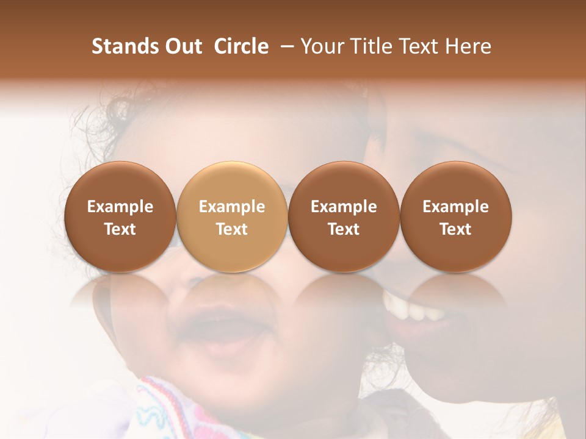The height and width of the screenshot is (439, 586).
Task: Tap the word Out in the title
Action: click(182, 46)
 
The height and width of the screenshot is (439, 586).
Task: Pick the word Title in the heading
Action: click(373, 46)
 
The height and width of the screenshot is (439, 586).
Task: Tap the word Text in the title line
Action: click(419, 46)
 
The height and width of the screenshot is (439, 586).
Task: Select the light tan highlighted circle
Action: click(232, 217)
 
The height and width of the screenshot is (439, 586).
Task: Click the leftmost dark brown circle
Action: click(120, 217)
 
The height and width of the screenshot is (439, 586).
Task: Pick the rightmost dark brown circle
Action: click(456, 217)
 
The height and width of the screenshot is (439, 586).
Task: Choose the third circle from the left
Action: click(344, 217)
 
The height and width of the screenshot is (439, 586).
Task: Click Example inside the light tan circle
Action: click(232, 207)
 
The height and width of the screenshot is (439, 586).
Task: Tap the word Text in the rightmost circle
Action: click(456, 229)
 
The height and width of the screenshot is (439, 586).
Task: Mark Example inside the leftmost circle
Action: click(120, 207)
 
